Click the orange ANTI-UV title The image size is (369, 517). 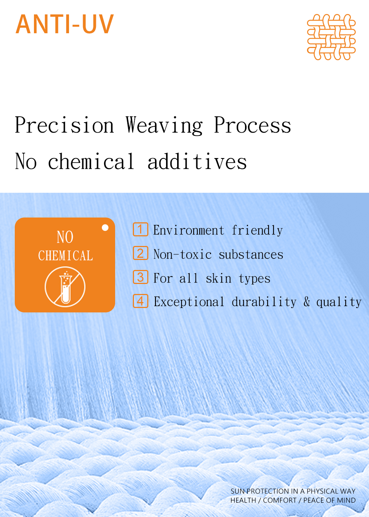click(65, 24)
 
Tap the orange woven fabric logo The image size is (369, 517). click(331, 37)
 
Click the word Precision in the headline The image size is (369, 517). click(64, 125)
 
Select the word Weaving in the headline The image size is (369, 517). click(164, 126)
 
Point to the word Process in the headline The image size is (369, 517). click(252, 125)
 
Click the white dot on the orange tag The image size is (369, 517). click(105, 228)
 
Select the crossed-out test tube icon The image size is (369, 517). click(65, 287)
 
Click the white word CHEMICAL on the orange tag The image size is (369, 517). click(66, 256)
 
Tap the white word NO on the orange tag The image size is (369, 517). click(65, 237)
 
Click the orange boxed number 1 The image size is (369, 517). click(141, 229)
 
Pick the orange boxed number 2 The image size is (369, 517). click(141, 253)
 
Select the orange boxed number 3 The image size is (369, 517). click(141, 277)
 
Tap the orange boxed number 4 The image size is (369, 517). click(141, 301)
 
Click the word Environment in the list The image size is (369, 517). click(189, 230)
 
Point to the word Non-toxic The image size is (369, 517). click(182, 254)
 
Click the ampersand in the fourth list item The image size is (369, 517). click(307, 301)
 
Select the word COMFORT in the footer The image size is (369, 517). click(280, 500)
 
